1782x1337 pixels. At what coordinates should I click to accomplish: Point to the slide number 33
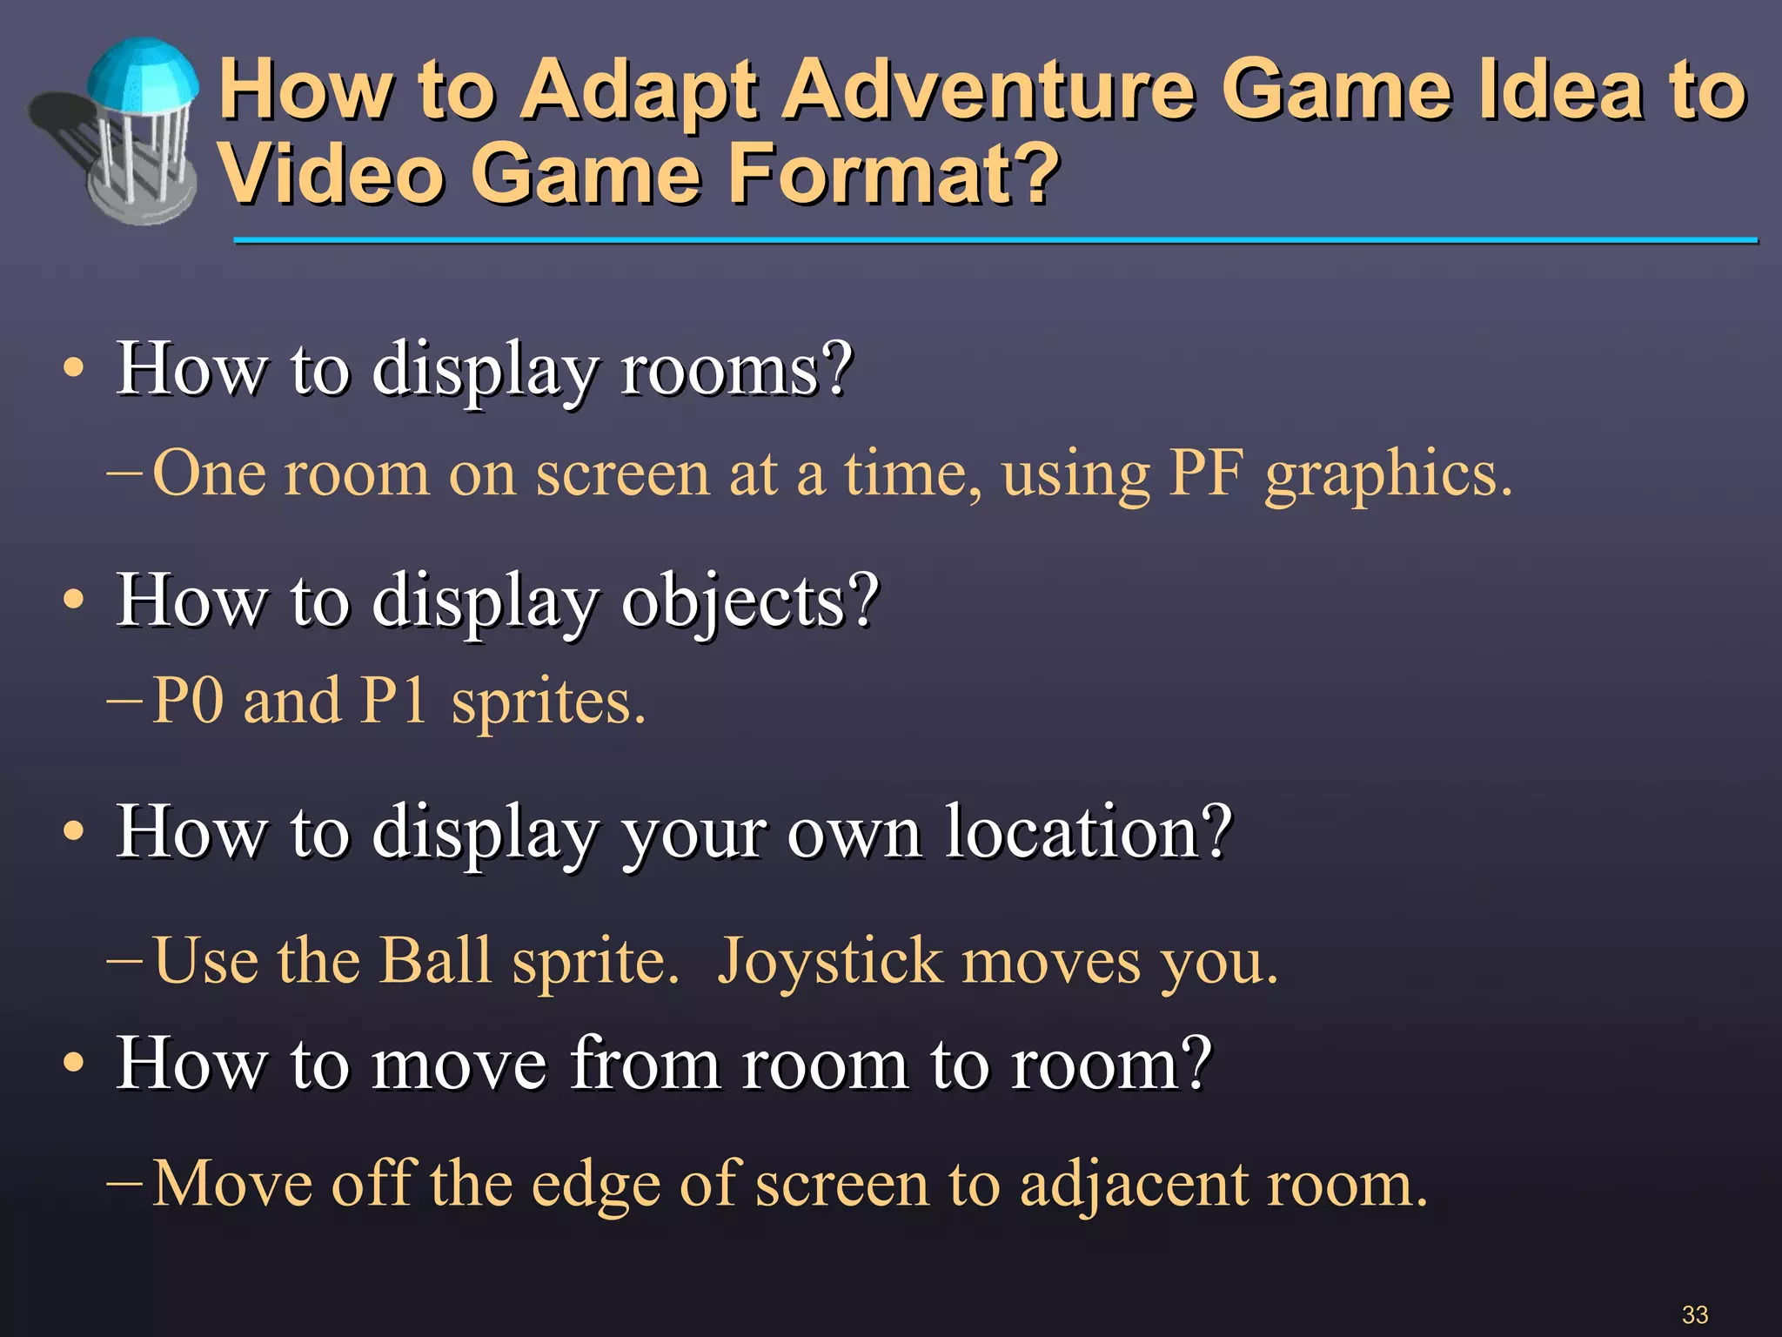(1694, 1314)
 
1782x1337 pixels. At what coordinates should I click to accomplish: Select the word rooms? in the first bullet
(736, 370)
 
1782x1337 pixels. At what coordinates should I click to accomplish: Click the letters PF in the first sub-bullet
(1205, 474)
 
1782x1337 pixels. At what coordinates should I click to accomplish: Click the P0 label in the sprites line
(188, 701)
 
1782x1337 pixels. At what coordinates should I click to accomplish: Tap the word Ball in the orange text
(436, 961)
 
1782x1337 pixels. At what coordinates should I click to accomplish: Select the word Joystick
(830, 963)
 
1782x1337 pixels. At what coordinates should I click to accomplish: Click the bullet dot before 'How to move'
(74, 1063)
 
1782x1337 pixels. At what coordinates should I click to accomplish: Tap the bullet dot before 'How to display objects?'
(74, 600)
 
